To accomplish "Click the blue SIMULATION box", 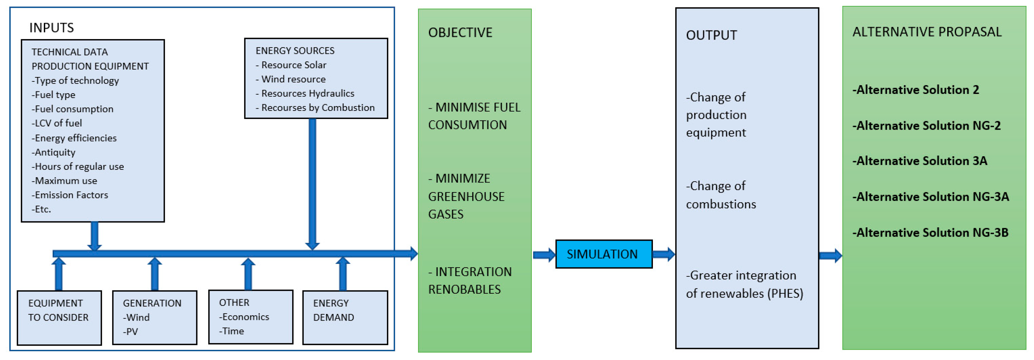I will click(603, 254).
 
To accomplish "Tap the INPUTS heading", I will click(51, 28).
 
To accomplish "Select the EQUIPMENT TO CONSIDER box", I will click(59, 317).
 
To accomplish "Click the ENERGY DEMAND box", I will click(345, 317).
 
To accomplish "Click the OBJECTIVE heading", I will click(460, 33).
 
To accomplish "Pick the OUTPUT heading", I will click(711, 35).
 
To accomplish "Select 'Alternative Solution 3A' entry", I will click(920, 161).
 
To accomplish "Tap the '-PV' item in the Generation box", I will click(131, 332).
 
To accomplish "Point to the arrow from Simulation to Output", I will click(664, 254).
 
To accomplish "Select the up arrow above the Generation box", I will click(155, 274).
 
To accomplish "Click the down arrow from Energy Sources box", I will click(312, 185).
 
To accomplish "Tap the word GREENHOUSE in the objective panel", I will click(466, 197).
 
